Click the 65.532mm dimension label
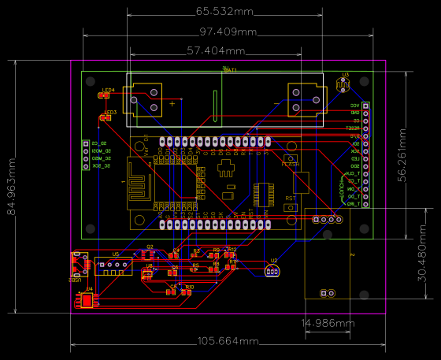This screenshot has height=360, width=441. coord(224,12)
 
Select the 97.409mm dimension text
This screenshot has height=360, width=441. coord(228,32)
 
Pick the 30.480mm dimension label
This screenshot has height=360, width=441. coord(424,262)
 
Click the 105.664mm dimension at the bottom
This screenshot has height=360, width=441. coord(228,341)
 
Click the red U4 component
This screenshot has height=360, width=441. coord(85,300)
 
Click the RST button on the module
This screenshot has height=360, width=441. coord(291,207)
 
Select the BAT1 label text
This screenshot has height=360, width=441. coord(230,70)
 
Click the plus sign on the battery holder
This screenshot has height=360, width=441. coord(173,103)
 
